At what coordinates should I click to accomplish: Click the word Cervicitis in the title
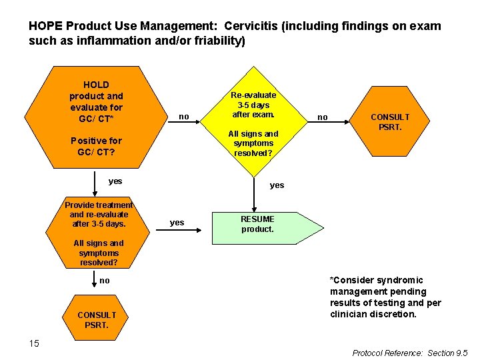[x=251, y=26]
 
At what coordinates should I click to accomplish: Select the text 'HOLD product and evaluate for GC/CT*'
[x=96, y=102]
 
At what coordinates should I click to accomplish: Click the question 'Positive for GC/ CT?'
[x=96, y=146]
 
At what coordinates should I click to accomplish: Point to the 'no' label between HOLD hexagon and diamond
[x=184, y=117]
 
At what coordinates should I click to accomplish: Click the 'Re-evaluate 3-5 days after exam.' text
[x=253, y=105]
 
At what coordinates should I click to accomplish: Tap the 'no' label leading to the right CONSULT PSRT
[x=323, y=117]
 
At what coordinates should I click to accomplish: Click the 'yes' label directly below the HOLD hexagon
[x=115, y=181]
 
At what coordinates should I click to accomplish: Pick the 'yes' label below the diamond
[x=277, y=185]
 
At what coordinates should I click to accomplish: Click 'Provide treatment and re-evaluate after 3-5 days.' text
[x=99, y=214]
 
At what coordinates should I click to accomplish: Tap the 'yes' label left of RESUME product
[x=177, y=223]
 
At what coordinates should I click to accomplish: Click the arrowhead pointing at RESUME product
[x=199, y=229]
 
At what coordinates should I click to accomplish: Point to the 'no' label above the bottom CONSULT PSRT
[x=105, y=281]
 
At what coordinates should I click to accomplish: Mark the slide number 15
[x=34, y=343]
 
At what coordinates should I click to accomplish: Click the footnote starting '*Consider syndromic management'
[x=385, y=297]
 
